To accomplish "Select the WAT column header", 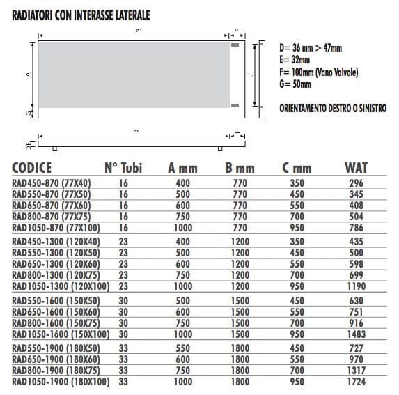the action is click(x=356, y=167).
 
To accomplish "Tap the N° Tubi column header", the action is click(x=125, y=167).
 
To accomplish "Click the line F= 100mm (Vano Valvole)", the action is click(x=311, y=72).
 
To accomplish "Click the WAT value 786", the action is click(x=356, y=226).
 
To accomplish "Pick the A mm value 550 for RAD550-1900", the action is click(x=182, y=347).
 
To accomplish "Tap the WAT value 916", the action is click(x=356, y=323).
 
